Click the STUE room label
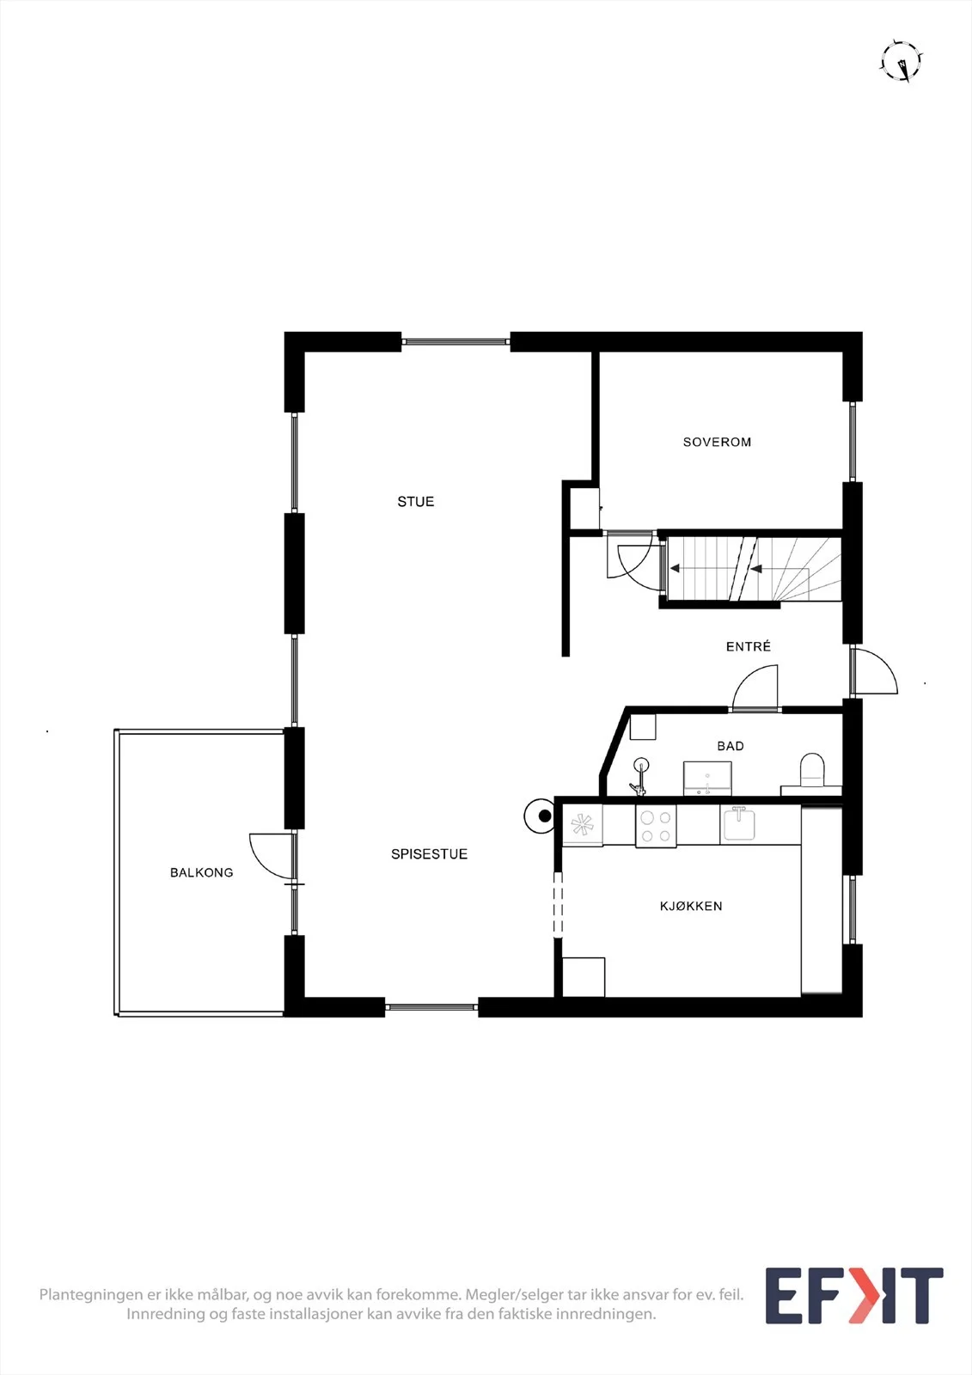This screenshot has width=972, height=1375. click(416, 502)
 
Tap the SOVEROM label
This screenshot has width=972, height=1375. click(717, 442)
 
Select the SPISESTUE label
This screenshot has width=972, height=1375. click(429, 854)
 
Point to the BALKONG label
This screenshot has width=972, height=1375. click(201, 872)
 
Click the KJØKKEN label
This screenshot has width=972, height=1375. click(691, 906)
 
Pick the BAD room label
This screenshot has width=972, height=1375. click(731, 746)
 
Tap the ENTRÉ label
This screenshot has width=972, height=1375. click(748, 646)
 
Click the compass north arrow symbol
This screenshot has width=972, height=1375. click(902, 61)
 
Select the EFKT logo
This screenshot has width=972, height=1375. click(854, 1295)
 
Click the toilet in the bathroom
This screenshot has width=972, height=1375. click(812, 771)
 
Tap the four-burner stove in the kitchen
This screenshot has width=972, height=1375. click(656, 826)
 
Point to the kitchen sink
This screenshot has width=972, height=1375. click(740, 824)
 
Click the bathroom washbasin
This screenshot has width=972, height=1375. click(707, 779)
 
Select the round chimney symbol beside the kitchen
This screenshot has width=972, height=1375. click(541, 816)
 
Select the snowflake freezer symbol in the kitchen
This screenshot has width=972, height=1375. click(582, 826)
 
